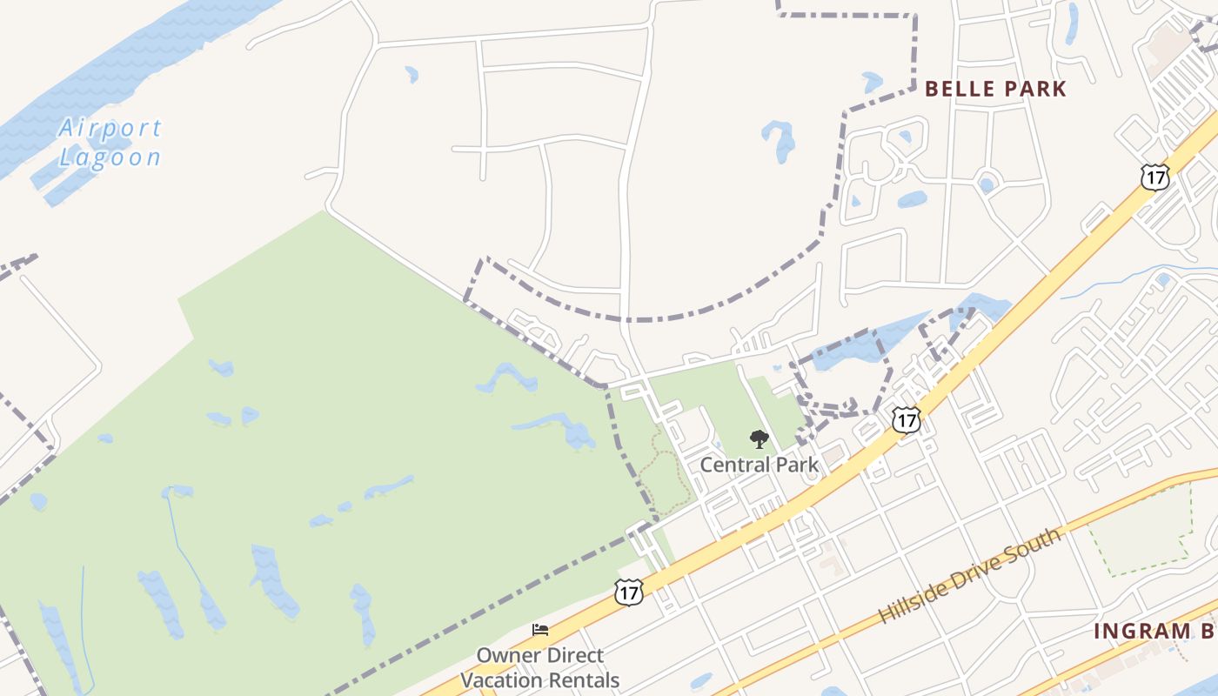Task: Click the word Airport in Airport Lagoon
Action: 110,129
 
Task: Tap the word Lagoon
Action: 110,157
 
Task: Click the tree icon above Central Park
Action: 759,439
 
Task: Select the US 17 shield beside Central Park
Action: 906,420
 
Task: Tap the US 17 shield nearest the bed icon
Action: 627,593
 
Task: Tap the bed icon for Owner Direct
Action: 540,630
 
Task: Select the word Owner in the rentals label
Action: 503,655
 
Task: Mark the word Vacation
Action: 502,680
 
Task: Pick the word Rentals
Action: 585,680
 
